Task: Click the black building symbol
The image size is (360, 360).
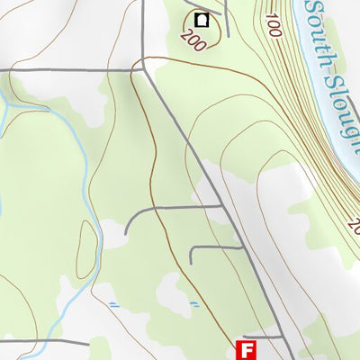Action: pyautogui.click(x=202, y=18)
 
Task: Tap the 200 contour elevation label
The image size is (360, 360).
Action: pyautogui.click(x=189, y=40)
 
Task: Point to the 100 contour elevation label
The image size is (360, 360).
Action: pyautogui.click(x=273, y=24)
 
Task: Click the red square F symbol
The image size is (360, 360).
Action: pyautogui.click(x=246, y=349)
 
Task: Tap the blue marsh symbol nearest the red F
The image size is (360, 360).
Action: pyautogui.click(x=193, y=306)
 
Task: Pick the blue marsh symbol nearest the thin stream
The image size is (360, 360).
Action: pyautogui.click(x=112, y=304)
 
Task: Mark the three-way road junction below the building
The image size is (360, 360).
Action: pyautogui.click(x=144, y=68)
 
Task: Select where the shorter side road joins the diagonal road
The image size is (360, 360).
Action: pyautogui.click(x=242, y=246)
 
